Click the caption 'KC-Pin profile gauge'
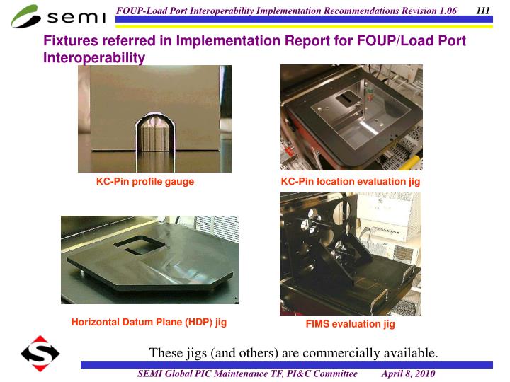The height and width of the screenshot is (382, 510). click(145, 182)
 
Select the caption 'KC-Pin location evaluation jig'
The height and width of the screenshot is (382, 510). click(351, 182)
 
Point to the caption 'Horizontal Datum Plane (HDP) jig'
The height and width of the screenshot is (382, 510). click(149, 322)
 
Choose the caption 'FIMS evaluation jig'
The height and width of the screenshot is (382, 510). click(350, 324)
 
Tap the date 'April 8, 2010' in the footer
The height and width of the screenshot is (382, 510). click(408, 374)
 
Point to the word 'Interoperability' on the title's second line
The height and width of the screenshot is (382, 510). click(94, 57)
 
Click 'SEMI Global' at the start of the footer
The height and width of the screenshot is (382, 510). click(164, 374)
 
